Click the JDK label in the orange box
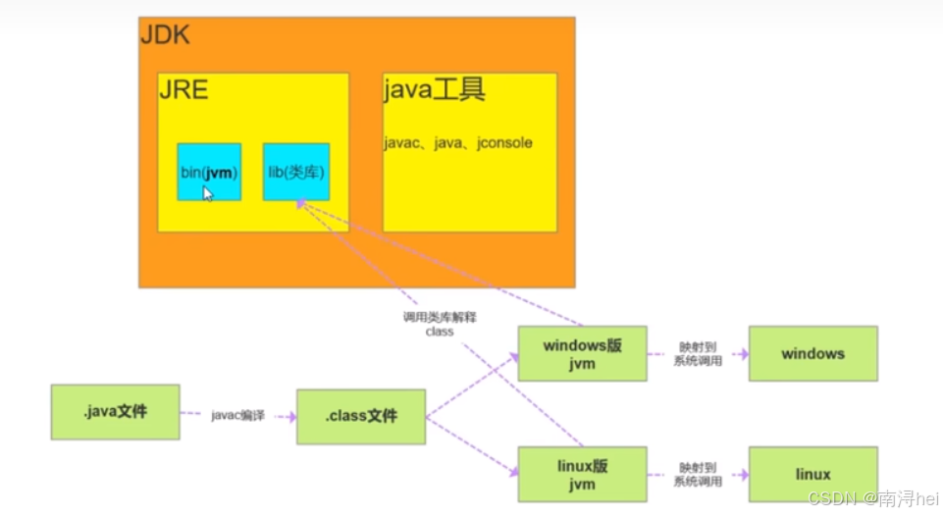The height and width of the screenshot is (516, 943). point(165,36)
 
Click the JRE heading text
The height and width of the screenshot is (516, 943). point(183,91)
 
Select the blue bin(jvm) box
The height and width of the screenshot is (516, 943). point(209,172)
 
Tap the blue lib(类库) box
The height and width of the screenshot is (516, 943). point(295,172)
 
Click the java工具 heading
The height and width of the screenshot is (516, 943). point(434,91)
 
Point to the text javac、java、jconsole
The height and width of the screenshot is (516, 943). point(458,143)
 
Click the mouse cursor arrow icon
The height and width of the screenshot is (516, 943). point(208,193)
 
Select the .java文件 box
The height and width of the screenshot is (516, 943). point(116,411)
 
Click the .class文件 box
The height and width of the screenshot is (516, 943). point(361,416)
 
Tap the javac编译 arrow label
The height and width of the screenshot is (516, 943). point(237,416)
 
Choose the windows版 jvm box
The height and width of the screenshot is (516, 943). point(582,353)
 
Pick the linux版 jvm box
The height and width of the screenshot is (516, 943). point(582,474)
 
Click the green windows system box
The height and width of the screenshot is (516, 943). point(812,353)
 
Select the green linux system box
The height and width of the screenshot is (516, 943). point(812,475)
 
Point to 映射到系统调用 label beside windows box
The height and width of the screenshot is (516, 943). point(698,354)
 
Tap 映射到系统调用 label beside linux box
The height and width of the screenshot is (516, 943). point(698,475)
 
